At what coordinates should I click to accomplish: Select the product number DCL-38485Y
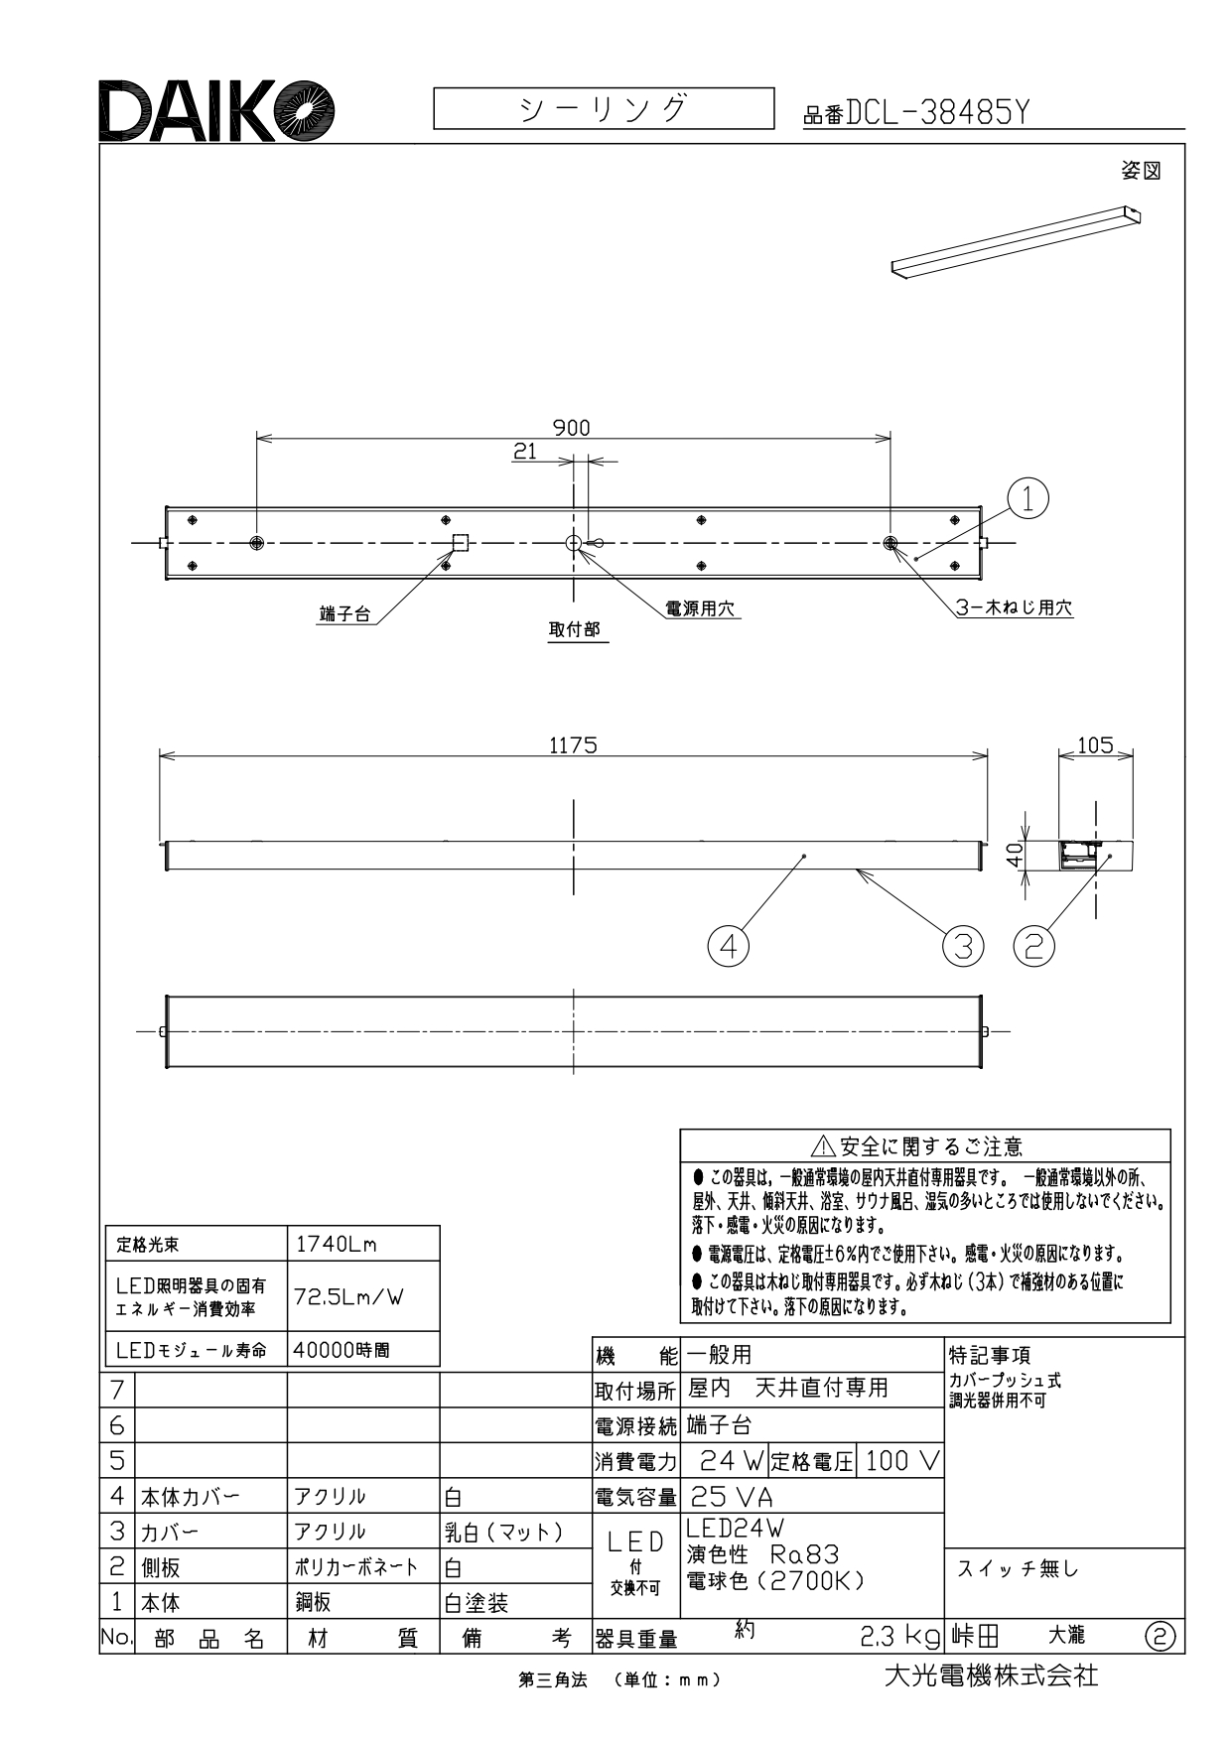pos(936,115)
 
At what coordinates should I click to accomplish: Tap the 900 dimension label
pos(572,427)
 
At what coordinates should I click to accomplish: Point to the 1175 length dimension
pos(573,745)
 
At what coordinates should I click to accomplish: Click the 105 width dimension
pos(1095,744)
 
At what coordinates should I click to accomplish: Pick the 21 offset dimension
pos(525,452)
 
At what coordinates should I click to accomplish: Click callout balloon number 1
pos(1028,497)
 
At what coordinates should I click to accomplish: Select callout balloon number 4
pos(728,946)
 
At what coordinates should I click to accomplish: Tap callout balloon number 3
pos(962,946)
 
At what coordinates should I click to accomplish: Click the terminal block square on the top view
pos(460,542)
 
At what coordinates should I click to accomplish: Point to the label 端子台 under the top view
pos(344,614)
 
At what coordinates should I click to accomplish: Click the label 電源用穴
pos(703,608)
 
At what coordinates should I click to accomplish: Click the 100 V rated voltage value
pos(901,1461)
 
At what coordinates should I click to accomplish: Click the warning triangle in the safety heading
pos(823,1148)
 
